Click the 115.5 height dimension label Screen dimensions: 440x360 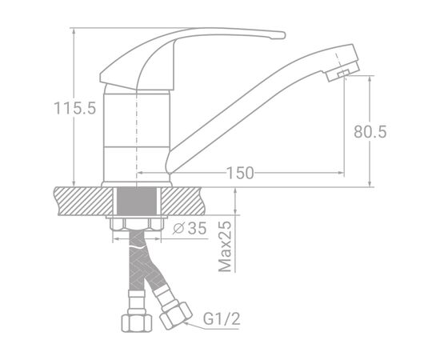pyautogui.click(x=75, y=108)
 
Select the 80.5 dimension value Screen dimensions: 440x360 pyautogui.click(x=370, y=131)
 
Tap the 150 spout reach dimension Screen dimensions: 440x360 pyautogui.click(x=240, y=173)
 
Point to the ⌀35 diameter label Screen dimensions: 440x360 pyautogui.click(x=190, y=228)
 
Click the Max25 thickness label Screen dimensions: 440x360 pyautogui.click(x=225, y=246)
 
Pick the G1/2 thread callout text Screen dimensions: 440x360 pyautogui.click(x=222, y=318)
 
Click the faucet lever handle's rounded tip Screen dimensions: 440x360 pyautogui.click(x=282, y=35)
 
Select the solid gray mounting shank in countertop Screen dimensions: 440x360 pyautogui.click(x=137, y=201)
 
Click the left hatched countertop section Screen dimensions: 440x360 pyautogui.click(x=83, y=201)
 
